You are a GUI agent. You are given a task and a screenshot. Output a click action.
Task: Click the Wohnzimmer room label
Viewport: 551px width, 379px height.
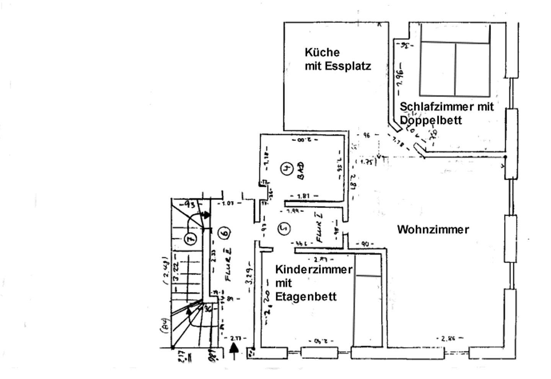click(x=433, y=229)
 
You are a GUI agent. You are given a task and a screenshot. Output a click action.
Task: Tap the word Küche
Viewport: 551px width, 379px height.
click(x=322, y=52)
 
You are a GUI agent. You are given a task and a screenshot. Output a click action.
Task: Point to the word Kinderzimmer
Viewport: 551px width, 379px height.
click(x=313, y=269)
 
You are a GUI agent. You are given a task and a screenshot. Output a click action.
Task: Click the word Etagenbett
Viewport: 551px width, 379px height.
click(x=306, y=296)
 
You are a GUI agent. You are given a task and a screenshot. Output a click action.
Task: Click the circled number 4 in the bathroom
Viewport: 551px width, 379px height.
click(x=287, y=168)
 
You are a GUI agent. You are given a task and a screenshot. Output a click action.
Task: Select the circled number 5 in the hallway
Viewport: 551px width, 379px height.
click(x=284, y=228)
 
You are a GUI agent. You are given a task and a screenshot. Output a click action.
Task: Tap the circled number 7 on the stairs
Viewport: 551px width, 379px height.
click(x=190, y=239)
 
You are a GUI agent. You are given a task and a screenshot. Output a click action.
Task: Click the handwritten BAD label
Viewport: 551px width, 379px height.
click(x=301, y=171)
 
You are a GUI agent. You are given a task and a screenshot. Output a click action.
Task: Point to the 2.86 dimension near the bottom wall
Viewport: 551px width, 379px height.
click(x=449, y=338)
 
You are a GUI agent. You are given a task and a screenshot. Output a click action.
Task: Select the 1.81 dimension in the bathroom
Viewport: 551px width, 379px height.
click(x=303, y=196)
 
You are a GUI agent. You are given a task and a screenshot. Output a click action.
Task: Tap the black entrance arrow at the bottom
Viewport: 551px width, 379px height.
click(x=235, y=350)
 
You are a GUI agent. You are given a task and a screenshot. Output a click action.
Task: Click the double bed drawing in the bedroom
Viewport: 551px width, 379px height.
click(x=455, y=60)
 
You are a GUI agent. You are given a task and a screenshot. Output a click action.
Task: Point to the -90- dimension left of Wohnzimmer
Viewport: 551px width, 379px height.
click(x=365, y=244)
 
